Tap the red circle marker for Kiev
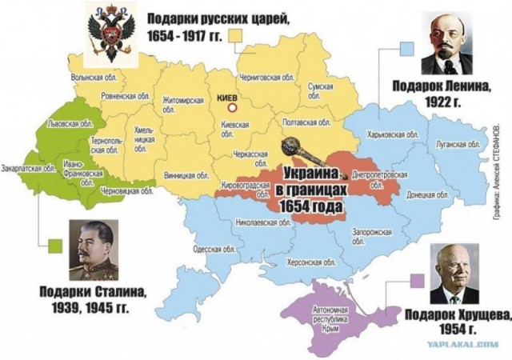[233, 107]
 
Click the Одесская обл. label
[213, 249]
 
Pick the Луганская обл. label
[458, 144]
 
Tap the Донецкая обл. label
[426, 194]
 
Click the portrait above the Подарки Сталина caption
[95, 250]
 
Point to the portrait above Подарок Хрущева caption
[454, 274]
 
